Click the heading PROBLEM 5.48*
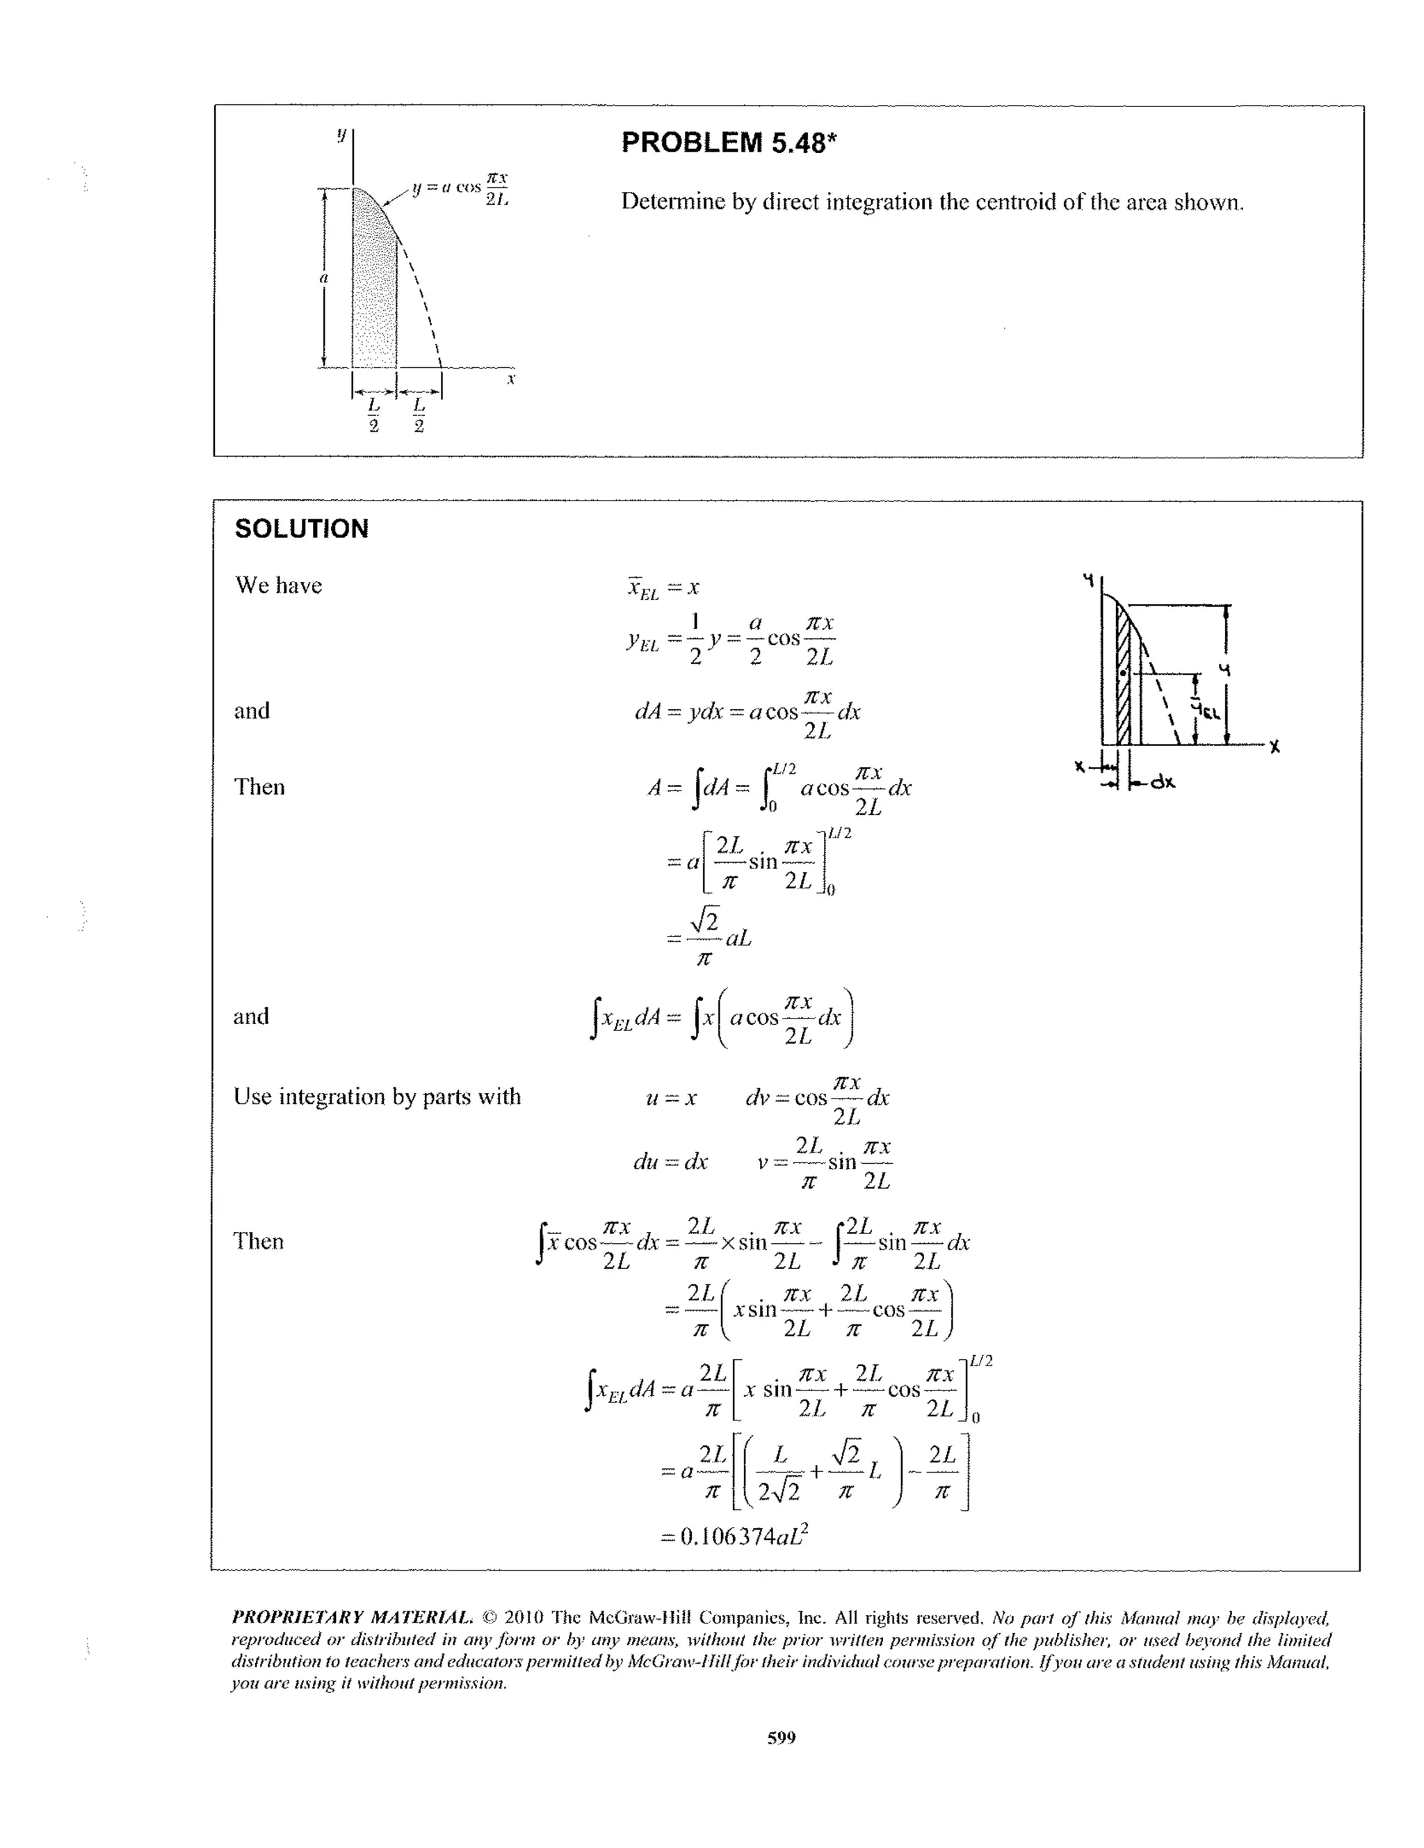tap(729, 142)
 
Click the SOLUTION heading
tap(301, 529)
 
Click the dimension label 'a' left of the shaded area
tap(323, 277)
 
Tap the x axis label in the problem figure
tap(511, 380)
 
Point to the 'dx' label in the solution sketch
tap(1163, 782)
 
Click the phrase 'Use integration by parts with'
tap(377, 1096)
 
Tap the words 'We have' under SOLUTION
tap(278, 585)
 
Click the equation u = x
tap(671, 1099)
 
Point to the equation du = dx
tap(670, 1162)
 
